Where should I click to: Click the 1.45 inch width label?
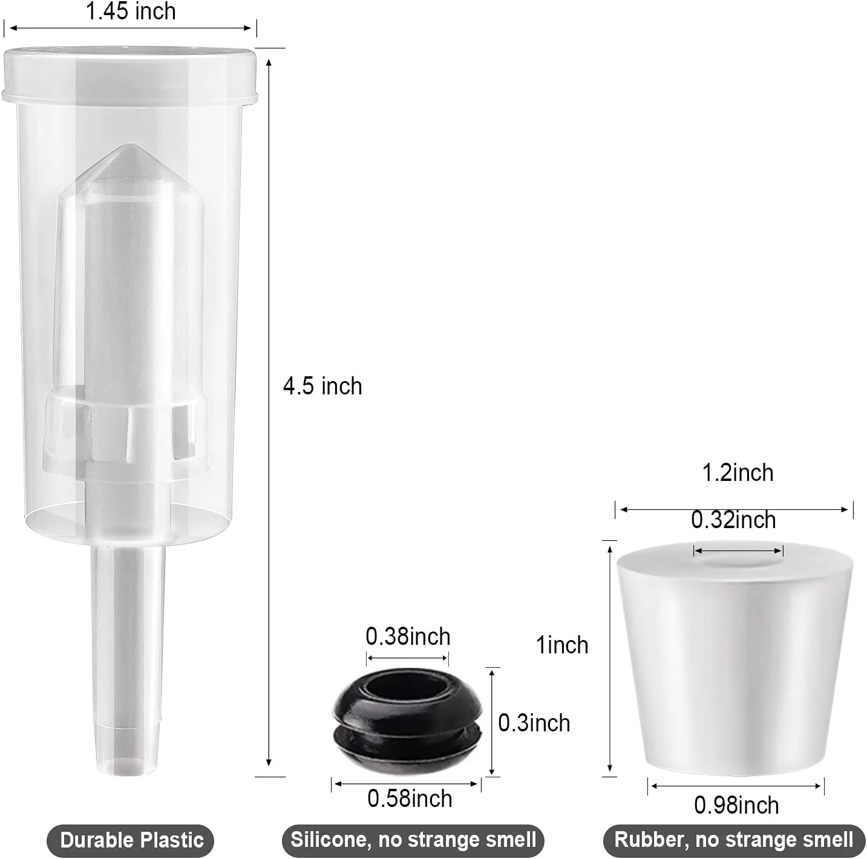click(x=131, y=11)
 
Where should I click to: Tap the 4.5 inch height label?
click(x=322, y=386)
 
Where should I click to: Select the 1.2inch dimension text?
click(x=738, y=473)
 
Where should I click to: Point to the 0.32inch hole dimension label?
click(x=733, y=520)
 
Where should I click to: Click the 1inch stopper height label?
click(x=562, y=645)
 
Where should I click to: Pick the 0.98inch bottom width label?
click(x=736, y=805)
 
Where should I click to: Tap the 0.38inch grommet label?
click(x=408, y=636)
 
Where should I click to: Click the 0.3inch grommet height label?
click(x=534, y=723)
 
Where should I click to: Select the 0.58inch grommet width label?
click(x=410, y=799)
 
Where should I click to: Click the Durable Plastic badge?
click(x=131, y=840)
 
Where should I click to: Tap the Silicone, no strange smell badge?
click(x=413, y=840)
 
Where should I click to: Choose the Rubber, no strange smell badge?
click(x=734, y=840)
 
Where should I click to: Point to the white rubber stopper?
click(x=735, y=659)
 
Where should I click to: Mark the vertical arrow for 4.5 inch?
click(x=269, y=411)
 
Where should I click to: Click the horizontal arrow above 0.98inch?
click(x=736, y=786)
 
